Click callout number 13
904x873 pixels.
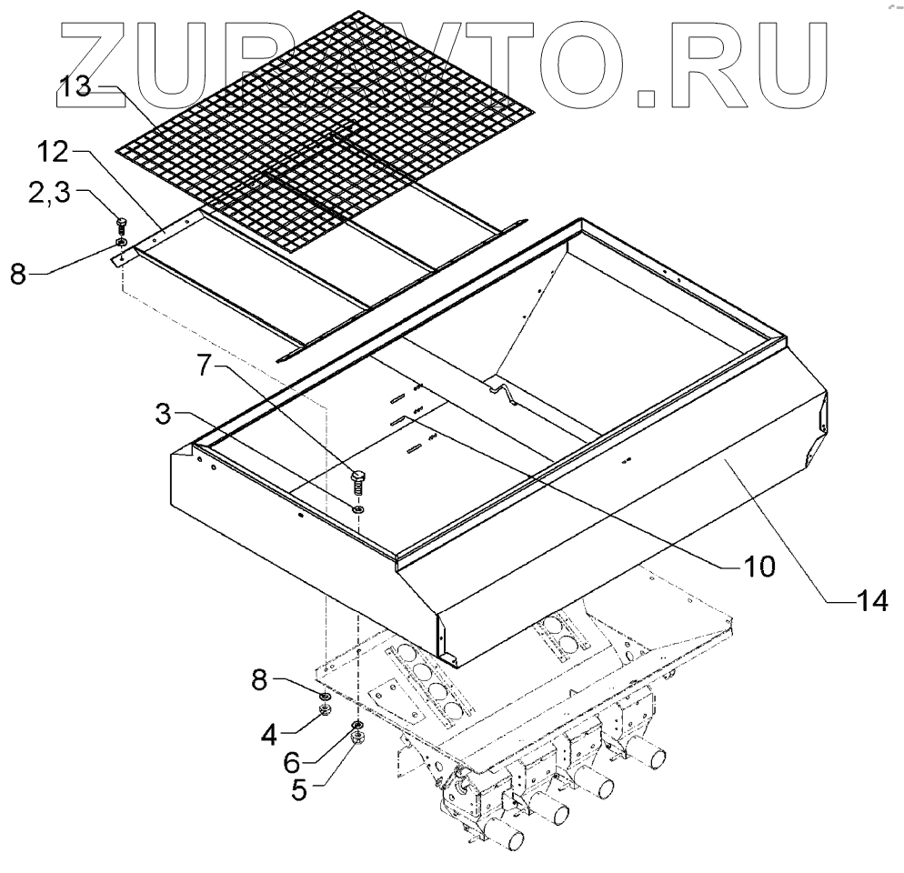pos(75,87)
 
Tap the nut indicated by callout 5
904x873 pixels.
pos(357,738)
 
